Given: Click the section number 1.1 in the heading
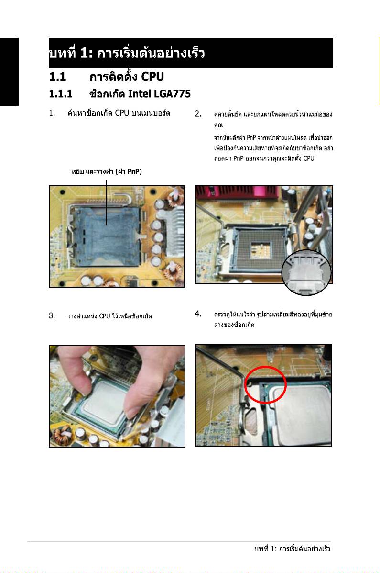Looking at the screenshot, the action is point(57,77).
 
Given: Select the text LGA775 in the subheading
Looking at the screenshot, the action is point(172,94).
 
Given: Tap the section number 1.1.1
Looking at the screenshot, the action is point(61,94).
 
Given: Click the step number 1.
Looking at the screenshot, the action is point(52,113).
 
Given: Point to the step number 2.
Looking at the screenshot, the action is point(198,113).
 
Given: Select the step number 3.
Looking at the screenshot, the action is point(52,315).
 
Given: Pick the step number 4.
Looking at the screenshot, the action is point(198,314).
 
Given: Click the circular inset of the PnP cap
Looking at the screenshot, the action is point(306,272).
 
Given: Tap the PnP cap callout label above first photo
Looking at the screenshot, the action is point(107,171).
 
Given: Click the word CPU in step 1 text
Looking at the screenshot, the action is point(122,113).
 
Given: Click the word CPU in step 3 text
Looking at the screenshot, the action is point(104,316).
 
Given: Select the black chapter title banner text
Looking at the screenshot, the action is point(127,53).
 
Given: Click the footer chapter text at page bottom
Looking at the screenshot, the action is point(293,549).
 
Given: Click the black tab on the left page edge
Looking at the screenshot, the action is point(9,72).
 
